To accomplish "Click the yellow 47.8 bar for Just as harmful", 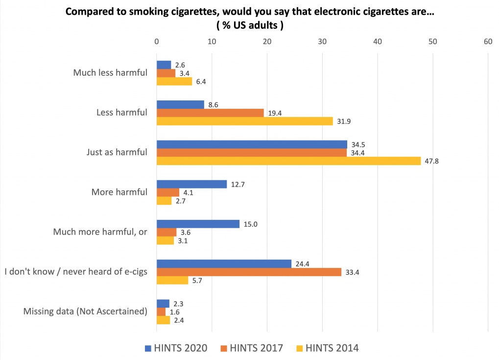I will pos(288,161).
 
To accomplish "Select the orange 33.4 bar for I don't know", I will pos(249,272).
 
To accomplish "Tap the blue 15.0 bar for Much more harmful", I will pos(198,224).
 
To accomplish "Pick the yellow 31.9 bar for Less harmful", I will pos(244,121).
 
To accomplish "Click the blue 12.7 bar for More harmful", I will pos(191,184).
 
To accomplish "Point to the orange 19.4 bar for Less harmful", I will pos(210,113).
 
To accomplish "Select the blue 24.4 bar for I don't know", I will pos(224,264).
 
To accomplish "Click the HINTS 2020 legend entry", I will pos(176,348).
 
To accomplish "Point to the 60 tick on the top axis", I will pos(488,42).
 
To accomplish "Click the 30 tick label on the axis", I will pos(322,42).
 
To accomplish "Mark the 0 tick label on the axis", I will pos(156,42).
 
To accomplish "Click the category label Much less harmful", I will pos(110,73).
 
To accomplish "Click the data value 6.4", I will pos(201,82).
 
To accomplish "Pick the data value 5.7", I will pos(197,281).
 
